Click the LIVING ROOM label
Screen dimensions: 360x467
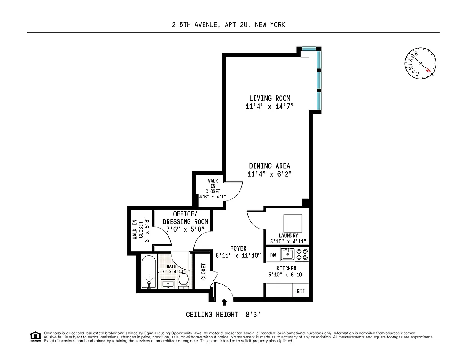tap(270, 98)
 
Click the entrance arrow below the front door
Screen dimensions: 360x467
tap(225, 302)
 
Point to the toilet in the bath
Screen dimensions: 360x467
tap(183, 280)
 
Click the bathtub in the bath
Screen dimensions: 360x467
tap(148, 272)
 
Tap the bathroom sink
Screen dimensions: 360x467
tap(168, 284)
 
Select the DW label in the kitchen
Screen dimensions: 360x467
tap(273, 255)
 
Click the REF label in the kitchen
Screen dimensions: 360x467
tap(300, 291)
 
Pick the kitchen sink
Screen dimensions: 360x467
tap(287, 255)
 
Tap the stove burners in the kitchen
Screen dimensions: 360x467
tap(302, 255)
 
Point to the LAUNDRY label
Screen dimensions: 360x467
tap(288, 235)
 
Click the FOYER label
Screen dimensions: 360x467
tap(238, 248)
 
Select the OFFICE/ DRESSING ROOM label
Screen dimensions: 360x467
tap(185, 218)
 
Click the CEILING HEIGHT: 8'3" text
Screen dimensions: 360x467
tap(229, 315)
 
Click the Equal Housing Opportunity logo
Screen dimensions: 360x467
tap(35, 336)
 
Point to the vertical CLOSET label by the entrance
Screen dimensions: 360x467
tap(204, 272)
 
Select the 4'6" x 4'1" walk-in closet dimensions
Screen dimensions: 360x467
tap(213, 197)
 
